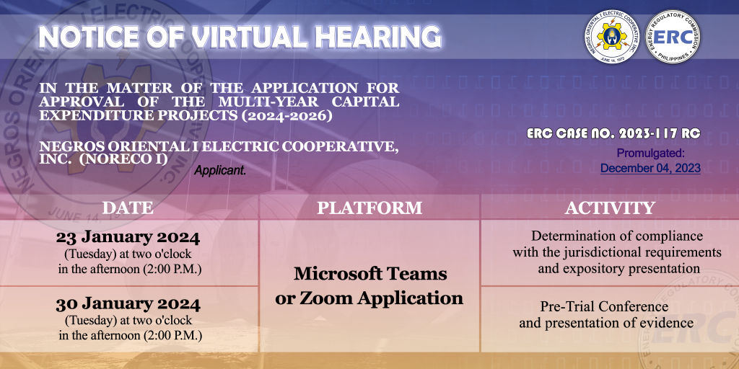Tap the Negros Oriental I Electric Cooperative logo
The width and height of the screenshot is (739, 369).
click(x=612, y=37)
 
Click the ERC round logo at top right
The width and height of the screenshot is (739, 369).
click(x=673, y=37)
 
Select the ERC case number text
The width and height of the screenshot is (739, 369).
click(x=613, y=133)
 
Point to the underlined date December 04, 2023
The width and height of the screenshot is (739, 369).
click(x=650, y=168)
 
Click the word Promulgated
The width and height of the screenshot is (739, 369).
click(x=651, y=154)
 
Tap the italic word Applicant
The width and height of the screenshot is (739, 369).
click(x=220, y=171)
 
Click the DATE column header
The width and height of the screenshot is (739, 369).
click(x=128, y=208)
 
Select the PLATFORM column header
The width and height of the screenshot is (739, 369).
click(x=369, y=208)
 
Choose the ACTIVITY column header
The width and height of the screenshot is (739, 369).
click(x=610, y=208)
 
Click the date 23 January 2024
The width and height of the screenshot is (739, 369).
click(x=128, y=238)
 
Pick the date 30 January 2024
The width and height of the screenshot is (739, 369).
click(x=128, y=305)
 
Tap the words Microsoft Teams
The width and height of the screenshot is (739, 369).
click(x=370, y=273)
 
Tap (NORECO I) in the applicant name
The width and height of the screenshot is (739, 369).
click(x=123, y=159)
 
